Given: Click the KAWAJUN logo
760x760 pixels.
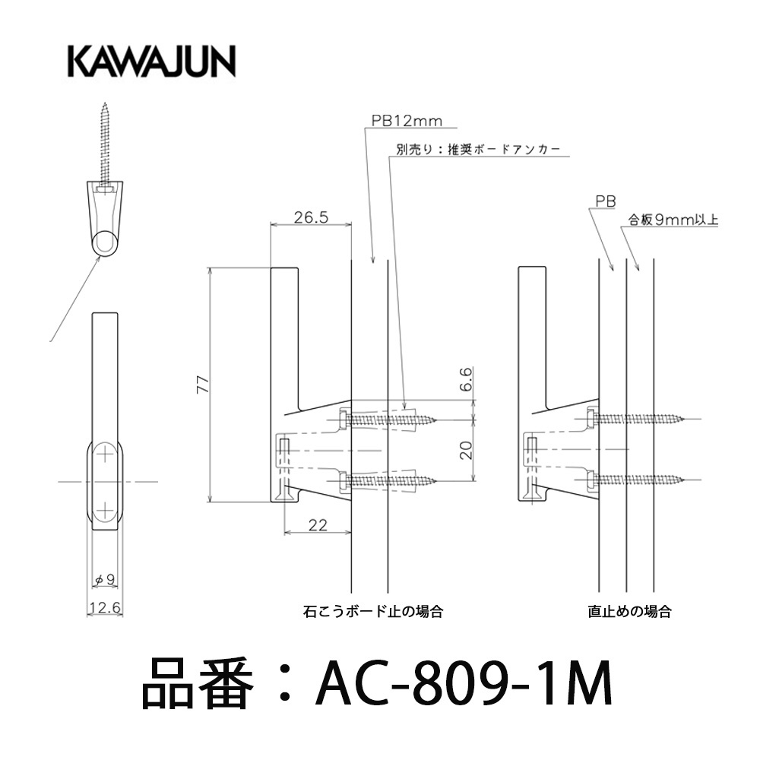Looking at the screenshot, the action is coord(152,62).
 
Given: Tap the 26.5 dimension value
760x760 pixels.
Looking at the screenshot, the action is coord(311,217).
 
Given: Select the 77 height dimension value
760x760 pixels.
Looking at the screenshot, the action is coord(203,384).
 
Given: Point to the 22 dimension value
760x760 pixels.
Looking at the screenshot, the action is coord(318,525).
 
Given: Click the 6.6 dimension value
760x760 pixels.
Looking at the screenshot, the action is coord(465,379).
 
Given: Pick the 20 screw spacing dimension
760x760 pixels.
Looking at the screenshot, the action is coord(466,450).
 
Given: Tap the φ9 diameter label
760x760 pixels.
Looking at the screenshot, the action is coord(105,579).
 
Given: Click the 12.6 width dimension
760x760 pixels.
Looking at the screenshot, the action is coord(105,607).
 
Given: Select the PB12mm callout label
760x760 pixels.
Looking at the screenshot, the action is coord(407,121).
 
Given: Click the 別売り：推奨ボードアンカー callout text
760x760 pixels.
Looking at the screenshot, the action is coord(478,149).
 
